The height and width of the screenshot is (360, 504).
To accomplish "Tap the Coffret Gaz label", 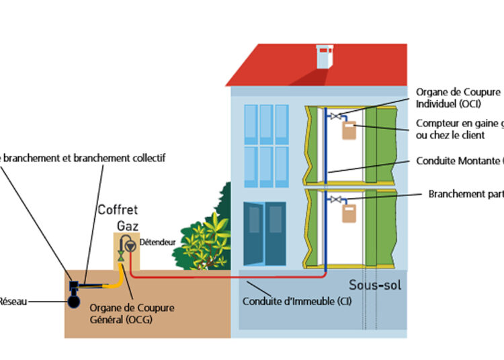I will tap(123, 216).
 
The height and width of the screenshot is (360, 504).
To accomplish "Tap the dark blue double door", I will tap(263, 234).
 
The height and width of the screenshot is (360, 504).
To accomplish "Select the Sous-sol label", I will tap(374, 285).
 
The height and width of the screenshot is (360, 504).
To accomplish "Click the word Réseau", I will tap(13, 302).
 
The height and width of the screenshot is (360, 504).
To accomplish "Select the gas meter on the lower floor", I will tap(349, 213).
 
